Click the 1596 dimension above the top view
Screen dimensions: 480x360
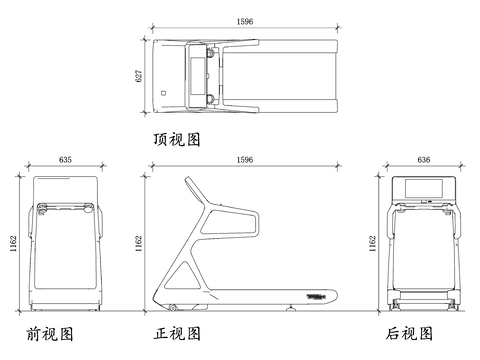[245, 22]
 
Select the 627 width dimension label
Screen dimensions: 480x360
[139, 76]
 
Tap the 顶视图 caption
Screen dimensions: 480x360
[177, 139]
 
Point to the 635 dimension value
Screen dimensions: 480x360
[65, 160]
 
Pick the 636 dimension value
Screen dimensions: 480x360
[424, 160]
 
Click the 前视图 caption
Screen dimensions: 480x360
[50, 334]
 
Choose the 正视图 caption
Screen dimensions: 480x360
[177, 333]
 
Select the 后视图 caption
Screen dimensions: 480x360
[409, 333]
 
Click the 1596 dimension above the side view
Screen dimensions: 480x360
[245, 160]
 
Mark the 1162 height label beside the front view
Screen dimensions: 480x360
[13, 244]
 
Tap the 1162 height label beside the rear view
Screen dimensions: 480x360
[373, 244]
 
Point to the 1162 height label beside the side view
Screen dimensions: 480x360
[139, 244]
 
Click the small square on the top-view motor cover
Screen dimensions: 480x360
[163, 93]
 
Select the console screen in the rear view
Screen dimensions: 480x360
[424, 188]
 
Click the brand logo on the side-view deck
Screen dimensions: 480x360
[316, 296]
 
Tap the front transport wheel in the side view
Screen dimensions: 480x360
[172, 308]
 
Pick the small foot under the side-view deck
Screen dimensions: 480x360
[291, 309]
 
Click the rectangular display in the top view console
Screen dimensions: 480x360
[197, 76]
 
